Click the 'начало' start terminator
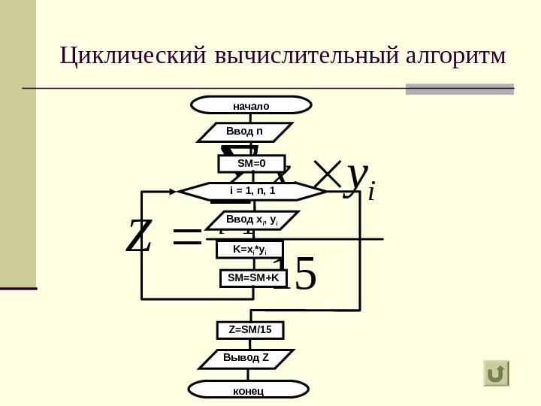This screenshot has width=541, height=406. (251, 105)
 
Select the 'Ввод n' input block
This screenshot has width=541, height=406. (244, 132)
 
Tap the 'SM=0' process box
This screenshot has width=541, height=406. (252, 163)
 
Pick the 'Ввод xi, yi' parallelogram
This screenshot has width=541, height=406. (252, 220)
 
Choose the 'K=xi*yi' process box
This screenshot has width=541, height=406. (252, 249)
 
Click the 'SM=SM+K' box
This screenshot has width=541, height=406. (253, 278)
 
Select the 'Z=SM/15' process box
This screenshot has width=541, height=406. (250, 330)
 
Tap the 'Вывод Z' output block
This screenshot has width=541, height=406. (246, 358)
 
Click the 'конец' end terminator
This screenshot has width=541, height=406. (248, 389)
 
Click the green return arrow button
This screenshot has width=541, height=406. (496, 373)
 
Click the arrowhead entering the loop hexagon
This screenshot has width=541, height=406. (174, 192)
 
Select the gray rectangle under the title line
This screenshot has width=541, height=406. (459, 89)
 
